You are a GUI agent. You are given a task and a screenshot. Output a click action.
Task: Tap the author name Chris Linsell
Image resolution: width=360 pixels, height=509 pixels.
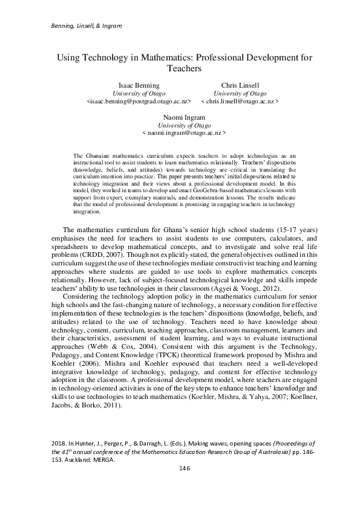point(240,85)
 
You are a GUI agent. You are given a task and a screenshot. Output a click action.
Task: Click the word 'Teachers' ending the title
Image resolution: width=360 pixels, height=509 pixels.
point(184,69)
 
